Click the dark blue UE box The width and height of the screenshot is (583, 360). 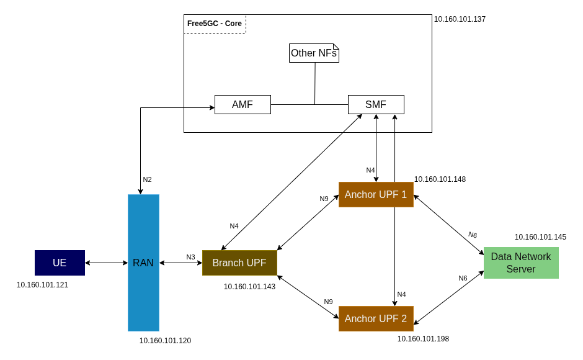click(x=60, y=263)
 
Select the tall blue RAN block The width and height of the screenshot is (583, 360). click(x=143, y=263)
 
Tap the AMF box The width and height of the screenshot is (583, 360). click(x=243, y=104)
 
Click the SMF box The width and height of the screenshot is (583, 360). click(x=376, y=104)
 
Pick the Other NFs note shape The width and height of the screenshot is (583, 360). click(x=314, y=53)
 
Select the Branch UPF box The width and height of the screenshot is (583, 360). click(x=239, y=263)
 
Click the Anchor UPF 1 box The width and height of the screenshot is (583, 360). click(x=376, y=194)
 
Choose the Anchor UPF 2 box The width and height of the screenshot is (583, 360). click(x=376, y=318)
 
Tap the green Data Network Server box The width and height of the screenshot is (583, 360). click(x=521, y=263)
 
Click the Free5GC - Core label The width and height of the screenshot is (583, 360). click(x=215, y=24)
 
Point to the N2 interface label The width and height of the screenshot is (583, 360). click(x=147, y=179)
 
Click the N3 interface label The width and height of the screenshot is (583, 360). click(x=190, y=257)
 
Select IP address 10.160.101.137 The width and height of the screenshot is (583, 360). click(x=460, y=19)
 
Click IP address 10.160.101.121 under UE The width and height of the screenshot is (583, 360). click(x=42, y=285)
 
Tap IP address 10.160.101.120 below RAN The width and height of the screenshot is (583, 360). click(x=165, y=341)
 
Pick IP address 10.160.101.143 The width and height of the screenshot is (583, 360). click(x=249, y=287)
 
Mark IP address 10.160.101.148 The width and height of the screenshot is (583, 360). click(x=440, y=179)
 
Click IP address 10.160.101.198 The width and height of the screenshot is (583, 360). click(x=423, y=339)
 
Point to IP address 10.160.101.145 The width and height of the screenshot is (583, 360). click(x=540, y=237)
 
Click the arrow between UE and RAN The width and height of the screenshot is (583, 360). click(x=106, y=263)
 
